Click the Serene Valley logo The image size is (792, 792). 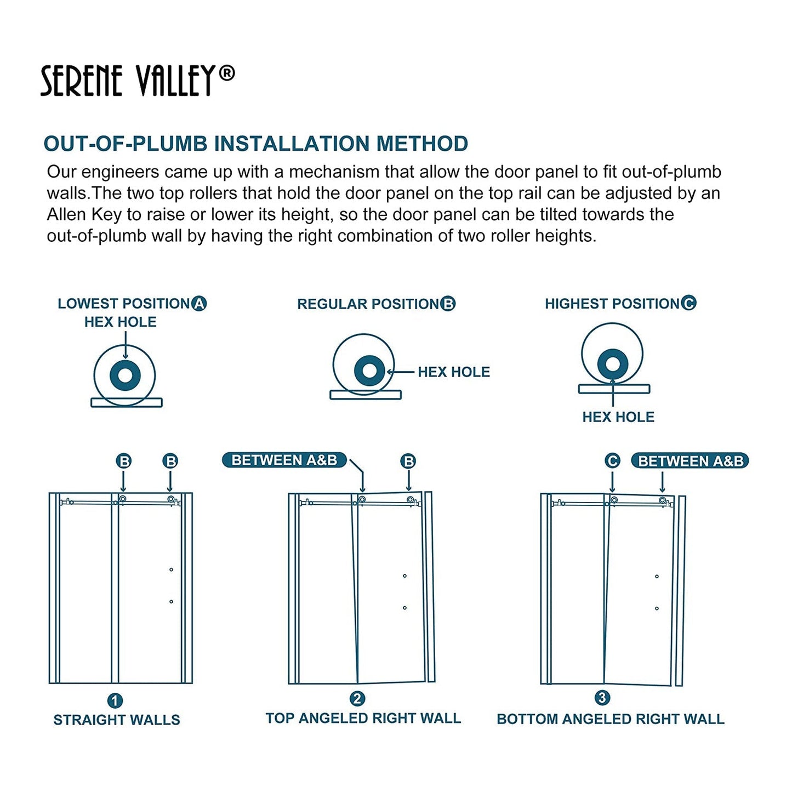tap(137, 81)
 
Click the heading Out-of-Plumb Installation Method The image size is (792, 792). tap(255, 144)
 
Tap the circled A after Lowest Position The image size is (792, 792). tap(199, 304)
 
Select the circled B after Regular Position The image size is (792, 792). tap(448, 304)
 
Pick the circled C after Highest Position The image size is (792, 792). tap(689, 303)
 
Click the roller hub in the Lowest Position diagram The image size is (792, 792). tap(125, 375)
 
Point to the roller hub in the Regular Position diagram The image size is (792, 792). tap(369, 371)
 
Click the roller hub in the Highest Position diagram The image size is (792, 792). tap(612, 364)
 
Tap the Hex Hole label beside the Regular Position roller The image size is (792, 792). tap(453, 372)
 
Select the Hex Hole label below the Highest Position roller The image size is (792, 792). tap(618, 417)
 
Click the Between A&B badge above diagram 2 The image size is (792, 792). tap(284, 460)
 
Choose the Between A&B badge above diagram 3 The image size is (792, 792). tap(690, 461)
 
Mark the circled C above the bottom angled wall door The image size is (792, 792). tap(612, 461)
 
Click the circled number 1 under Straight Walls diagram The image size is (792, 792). tap(115, 700)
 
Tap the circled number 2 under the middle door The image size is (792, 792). tap(357, 699)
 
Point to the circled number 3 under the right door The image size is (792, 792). tap(602, 698)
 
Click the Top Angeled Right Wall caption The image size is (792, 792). tap(363, 719)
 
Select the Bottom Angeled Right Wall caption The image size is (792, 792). tap(610, 719)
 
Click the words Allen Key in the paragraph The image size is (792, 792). tap(83, 215)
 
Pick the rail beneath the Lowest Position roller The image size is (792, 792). tap(127, 403)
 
